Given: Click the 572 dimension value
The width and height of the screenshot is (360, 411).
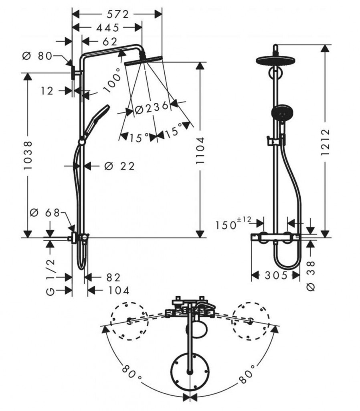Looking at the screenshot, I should click(x=117, y=14).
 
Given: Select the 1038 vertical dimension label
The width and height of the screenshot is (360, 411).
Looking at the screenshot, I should click(x=28, y=155).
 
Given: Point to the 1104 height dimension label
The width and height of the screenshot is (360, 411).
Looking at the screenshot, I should click(x=200, y=155).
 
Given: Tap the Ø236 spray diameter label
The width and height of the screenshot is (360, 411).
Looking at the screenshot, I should click(x=152, y=108).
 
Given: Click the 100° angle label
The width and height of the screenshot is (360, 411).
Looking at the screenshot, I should click(x=113, y=80).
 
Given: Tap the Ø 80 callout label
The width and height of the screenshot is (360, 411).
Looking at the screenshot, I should click(x=38, y=56).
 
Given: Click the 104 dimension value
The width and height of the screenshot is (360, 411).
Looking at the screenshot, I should click(x=114, y=290).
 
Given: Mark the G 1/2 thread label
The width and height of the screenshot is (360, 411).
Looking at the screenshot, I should click(x=50, y=277).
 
